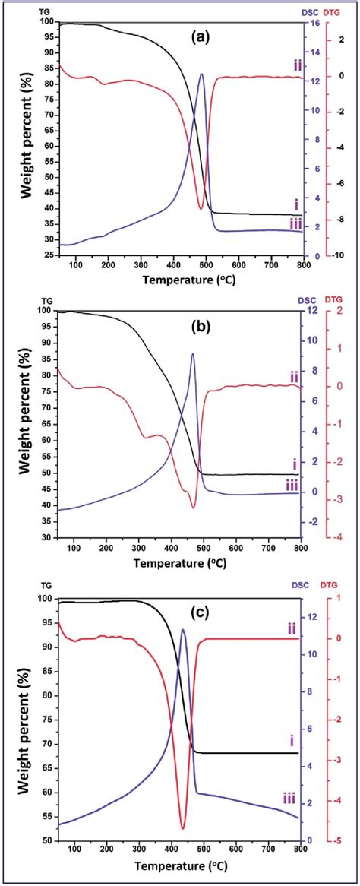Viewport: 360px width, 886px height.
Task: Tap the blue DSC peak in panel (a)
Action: (201, 74)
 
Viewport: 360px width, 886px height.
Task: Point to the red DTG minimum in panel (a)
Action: (201, 208)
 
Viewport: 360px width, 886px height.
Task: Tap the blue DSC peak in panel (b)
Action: (193, 354)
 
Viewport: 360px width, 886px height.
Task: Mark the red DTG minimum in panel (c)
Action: (183, 827)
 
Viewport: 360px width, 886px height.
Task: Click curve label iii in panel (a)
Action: (295, 223)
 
